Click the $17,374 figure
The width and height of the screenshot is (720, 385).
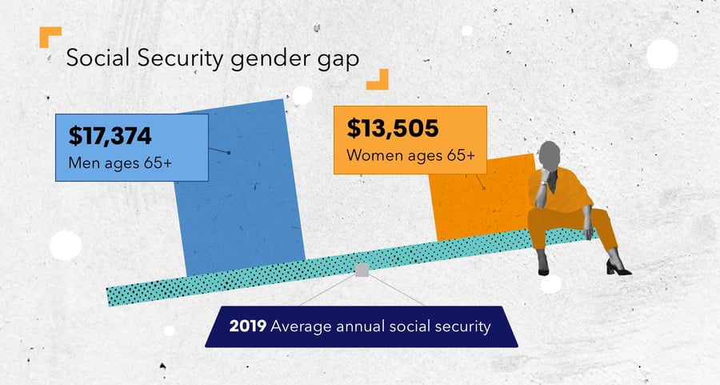[110, 136]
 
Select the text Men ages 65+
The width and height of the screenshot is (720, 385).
[122, 165]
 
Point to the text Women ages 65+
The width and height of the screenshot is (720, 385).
[405, 155]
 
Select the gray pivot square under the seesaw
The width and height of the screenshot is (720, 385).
[362, 271]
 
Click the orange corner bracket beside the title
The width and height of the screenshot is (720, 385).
[50, 37]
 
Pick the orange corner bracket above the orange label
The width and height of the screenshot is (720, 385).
[378, 78]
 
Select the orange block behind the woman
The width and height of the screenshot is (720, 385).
[472, 204]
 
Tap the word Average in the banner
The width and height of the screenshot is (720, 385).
[297, 327]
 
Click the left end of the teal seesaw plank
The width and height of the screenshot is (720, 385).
[116, 295]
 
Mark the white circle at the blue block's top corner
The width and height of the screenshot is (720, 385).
[302, 95]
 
